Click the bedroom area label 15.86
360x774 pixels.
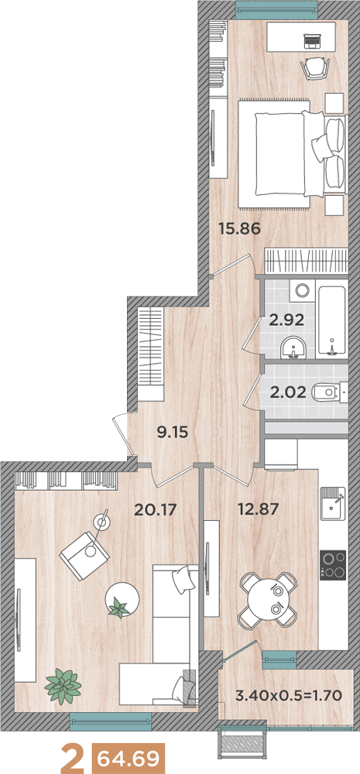pos(239,228)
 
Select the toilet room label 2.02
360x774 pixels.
pos(286,393)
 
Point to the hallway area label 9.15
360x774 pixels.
pos(173,433)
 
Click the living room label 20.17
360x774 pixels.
pos(155,509)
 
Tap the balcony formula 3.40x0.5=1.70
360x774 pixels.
pos(289,697)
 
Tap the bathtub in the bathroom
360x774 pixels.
pos(334,320)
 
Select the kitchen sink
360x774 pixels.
pos(333,503)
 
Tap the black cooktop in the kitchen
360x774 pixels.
pos(333,565)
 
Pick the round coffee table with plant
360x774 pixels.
pos(122,599)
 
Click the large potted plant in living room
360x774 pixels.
pos(63,686)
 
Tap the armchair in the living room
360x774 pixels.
pos(84,556)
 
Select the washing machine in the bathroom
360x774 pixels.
pos(302,290)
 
